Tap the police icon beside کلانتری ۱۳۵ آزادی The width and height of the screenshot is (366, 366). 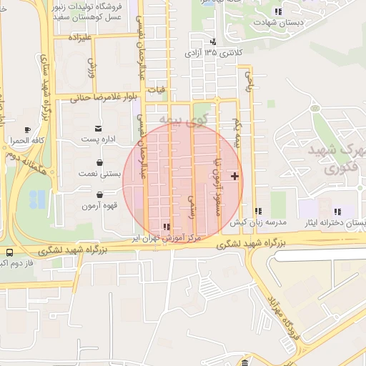tap(214, 41)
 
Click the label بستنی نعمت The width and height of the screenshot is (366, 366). tap(95, 173)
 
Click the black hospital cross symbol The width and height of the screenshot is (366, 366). tap(235, 176)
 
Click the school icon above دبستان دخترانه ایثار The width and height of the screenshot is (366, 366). tap(337, 212)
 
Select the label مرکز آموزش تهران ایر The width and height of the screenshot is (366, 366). tap(169, 237)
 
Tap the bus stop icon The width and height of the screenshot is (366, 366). tap(9, 252)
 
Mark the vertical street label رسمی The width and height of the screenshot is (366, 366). tap(191, 207)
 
